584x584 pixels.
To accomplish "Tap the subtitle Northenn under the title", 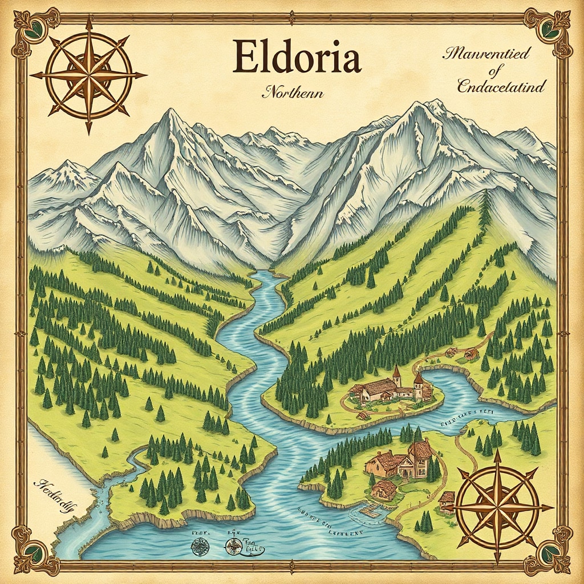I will (x=293, y=92).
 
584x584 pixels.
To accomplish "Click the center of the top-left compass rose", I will (x=88, y=75).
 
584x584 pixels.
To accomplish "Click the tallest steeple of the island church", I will (x=396, y=374).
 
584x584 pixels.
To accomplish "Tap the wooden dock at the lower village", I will (x=368, y=509).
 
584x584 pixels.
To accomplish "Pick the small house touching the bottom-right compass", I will (x=447, y=500).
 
